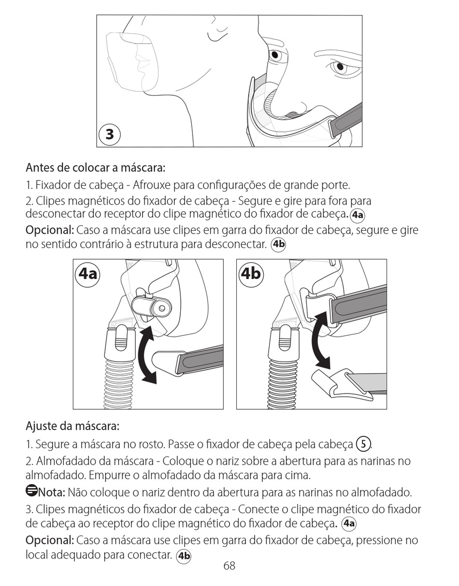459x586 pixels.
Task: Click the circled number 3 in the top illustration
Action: (x=109, y=134)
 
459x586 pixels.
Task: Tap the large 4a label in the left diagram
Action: (x=88, y=274)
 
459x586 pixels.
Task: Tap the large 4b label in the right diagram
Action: (x=251, y=274)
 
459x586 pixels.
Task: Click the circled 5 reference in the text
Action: (x=363, y=444)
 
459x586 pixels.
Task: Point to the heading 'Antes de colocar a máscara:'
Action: (x=96, y=167)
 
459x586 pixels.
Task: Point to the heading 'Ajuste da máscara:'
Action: (x=72, y=426)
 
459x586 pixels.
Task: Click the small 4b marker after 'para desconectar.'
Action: (x=278, y=244)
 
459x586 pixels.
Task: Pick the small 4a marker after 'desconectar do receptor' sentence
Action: (x=358, y=215)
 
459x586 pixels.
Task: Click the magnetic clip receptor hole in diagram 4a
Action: (x=162, y=308)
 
